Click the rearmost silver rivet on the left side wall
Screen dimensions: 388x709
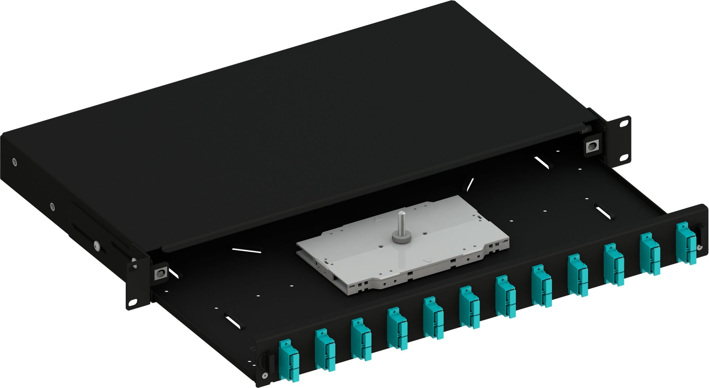pyautogui.click(x=14, y=162)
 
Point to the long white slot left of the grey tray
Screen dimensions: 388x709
pyautogui.click(x=246, y=250)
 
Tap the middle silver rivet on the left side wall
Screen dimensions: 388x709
pyautogui.click(x=52, y=206)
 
